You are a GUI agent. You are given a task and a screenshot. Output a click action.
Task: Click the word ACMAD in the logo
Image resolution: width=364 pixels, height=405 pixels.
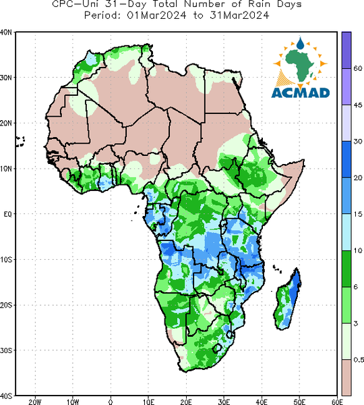(301, 93)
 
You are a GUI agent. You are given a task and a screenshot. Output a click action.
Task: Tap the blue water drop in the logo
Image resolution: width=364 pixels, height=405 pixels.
(300, 43)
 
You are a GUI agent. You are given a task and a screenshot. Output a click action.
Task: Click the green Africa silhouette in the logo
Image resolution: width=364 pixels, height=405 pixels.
(300, 65)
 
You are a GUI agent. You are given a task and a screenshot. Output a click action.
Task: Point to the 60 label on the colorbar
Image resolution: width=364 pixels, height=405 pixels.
(357, 68)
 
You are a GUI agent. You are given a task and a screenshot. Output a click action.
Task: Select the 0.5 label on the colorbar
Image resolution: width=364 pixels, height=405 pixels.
(359, 360)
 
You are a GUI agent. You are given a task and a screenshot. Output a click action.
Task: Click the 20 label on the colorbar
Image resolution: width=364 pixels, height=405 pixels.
(357, 178)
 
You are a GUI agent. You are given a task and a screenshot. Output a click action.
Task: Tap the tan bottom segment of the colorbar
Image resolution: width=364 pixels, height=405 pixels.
(346, 377)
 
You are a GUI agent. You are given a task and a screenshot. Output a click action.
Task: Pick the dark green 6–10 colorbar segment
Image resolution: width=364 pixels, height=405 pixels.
(346, 269)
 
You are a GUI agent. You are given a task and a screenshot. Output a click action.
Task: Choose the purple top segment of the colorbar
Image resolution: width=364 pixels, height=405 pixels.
(346, 50)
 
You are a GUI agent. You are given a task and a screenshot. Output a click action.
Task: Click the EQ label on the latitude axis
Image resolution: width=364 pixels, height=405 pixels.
(7, 214)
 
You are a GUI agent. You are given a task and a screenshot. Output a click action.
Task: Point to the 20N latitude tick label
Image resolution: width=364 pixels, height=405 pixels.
(6, 124)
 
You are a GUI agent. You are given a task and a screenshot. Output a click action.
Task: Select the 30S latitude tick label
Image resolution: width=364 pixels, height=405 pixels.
(6, 350)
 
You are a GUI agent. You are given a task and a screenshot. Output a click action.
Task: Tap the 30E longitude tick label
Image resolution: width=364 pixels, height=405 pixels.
(224, 402)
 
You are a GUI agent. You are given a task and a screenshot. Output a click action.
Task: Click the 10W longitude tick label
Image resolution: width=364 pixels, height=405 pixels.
(73, 402)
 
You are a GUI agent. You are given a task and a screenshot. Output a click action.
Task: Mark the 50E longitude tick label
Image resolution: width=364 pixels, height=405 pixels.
(299, 402)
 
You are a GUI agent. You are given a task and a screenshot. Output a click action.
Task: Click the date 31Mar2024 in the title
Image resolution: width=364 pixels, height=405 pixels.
(239, 16)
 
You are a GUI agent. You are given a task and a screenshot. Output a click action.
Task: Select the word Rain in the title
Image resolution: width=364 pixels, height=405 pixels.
(257, 4)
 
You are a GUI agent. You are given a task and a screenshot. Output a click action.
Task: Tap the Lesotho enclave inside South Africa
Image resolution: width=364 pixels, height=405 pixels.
(217, 348)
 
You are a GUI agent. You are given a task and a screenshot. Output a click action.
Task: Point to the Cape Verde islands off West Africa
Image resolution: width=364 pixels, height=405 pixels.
(20, 142)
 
